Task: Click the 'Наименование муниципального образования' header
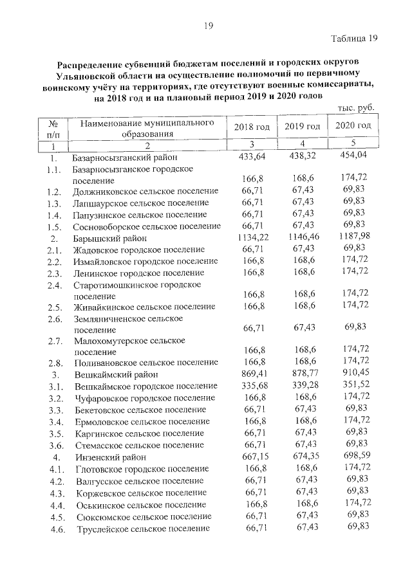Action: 147,128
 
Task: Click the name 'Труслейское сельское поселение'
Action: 142,529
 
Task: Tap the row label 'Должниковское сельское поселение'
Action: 145,192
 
